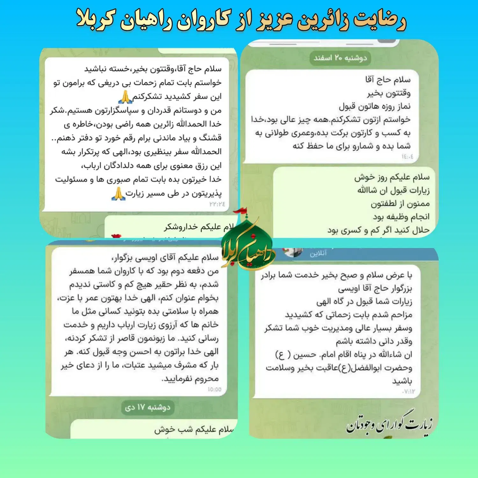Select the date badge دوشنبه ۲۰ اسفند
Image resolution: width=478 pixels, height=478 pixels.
click(340, 58)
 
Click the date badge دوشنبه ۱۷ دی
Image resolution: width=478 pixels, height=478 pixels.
click(148, 407)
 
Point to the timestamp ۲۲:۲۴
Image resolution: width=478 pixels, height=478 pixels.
click(217, 204)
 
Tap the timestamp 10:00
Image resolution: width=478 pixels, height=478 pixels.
click(214, 389)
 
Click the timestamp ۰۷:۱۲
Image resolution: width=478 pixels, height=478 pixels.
click(409, 391)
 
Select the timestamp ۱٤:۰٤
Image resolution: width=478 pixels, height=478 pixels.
click(407, 156)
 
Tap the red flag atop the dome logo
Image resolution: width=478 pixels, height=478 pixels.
click(240, 211)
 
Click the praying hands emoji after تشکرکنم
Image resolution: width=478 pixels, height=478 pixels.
click(125, 97)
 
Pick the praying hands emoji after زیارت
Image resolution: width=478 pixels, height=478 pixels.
click(118, 193)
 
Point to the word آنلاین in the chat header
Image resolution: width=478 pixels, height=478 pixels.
click(318, 253)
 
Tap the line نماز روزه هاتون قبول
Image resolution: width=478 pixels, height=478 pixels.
click(374, 106)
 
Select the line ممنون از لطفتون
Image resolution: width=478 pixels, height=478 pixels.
click(400, 204)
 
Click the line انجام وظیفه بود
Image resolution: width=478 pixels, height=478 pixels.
click(401, 217)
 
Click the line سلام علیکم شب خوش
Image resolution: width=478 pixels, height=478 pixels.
click(194, 430)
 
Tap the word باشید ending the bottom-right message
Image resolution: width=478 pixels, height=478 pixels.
click(402, 381)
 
